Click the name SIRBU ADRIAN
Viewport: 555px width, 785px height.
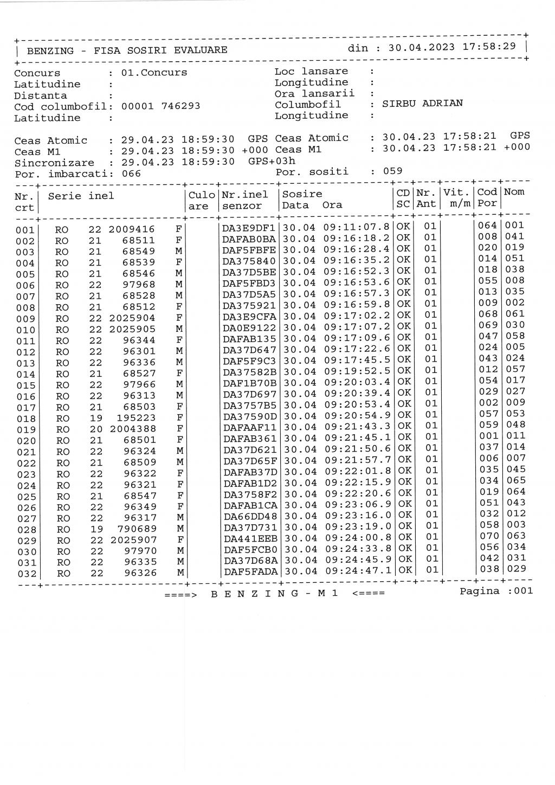coord(422,104)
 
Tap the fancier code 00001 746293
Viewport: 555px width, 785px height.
coord(160,106)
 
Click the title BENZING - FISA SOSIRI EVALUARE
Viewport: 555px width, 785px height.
coord(127,50)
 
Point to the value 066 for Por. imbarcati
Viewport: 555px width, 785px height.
coord(131,173)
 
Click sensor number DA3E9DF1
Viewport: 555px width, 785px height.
coord(250,228)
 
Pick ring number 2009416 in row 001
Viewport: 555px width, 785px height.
coord(132,229)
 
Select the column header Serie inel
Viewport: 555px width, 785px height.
coord(81,196)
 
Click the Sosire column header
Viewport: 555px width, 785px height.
coord(302,194)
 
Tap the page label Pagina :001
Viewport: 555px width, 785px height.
coord(496,591)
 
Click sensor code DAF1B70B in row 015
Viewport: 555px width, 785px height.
coord(250,383)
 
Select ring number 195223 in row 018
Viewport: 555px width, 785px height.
coord(137,418)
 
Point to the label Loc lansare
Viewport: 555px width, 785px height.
coord(311,72)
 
